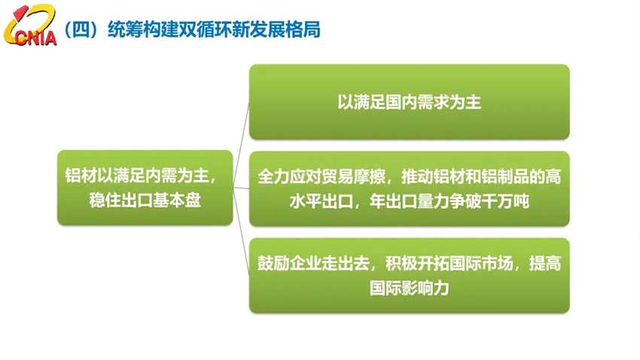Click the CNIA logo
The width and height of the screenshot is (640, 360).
tap(30, 29)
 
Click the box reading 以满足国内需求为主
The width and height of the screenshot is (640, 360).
tap(409, 102)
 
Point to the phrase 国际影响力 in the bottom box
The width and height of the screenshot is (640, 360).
tap(409, 288)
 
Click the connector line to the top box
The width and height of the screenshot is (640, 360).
tap(242, 128)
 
